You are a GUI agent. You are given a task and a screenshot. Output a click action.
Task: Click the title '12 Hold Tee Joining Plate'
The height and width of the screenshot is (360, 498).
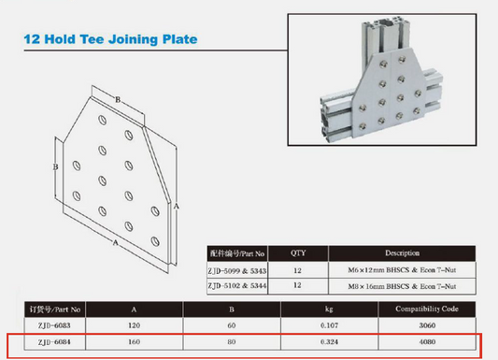click(110, 39)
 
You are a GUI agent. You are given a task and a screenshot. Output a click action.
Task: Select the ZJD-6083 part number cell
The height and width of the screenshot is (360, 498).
click(54, 325)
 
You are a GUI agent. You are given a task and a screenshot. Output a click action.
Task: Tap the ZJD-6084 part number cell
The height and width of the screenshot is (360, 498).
click(54, 342)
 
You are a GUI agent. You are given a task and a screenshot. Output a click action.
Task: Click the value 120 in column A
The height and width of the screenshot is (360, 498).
click(134, 325)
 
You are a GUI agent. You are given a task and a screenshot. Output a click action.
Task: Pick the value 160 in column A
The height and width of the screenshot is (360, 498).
click(134, 342)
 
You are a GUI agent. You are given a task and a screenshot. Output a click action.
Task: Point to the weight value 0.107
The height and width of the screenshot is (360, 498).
click(330, 325)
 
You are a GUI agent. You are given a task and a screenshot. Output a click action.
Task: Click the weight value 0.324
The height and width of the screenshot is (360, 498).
click(330, 342)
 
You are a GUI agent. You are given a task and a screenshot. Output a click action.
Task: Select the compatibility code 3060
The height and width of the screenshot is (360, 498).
click(427, 325)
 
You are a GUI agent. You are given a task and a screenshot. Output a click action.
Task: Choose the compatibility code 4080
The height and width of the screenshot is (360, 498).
click(427, 342)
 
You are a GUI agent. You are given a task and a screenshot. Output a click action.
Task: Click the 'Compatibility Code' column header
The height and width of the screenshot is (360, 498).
click(427, 309)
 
